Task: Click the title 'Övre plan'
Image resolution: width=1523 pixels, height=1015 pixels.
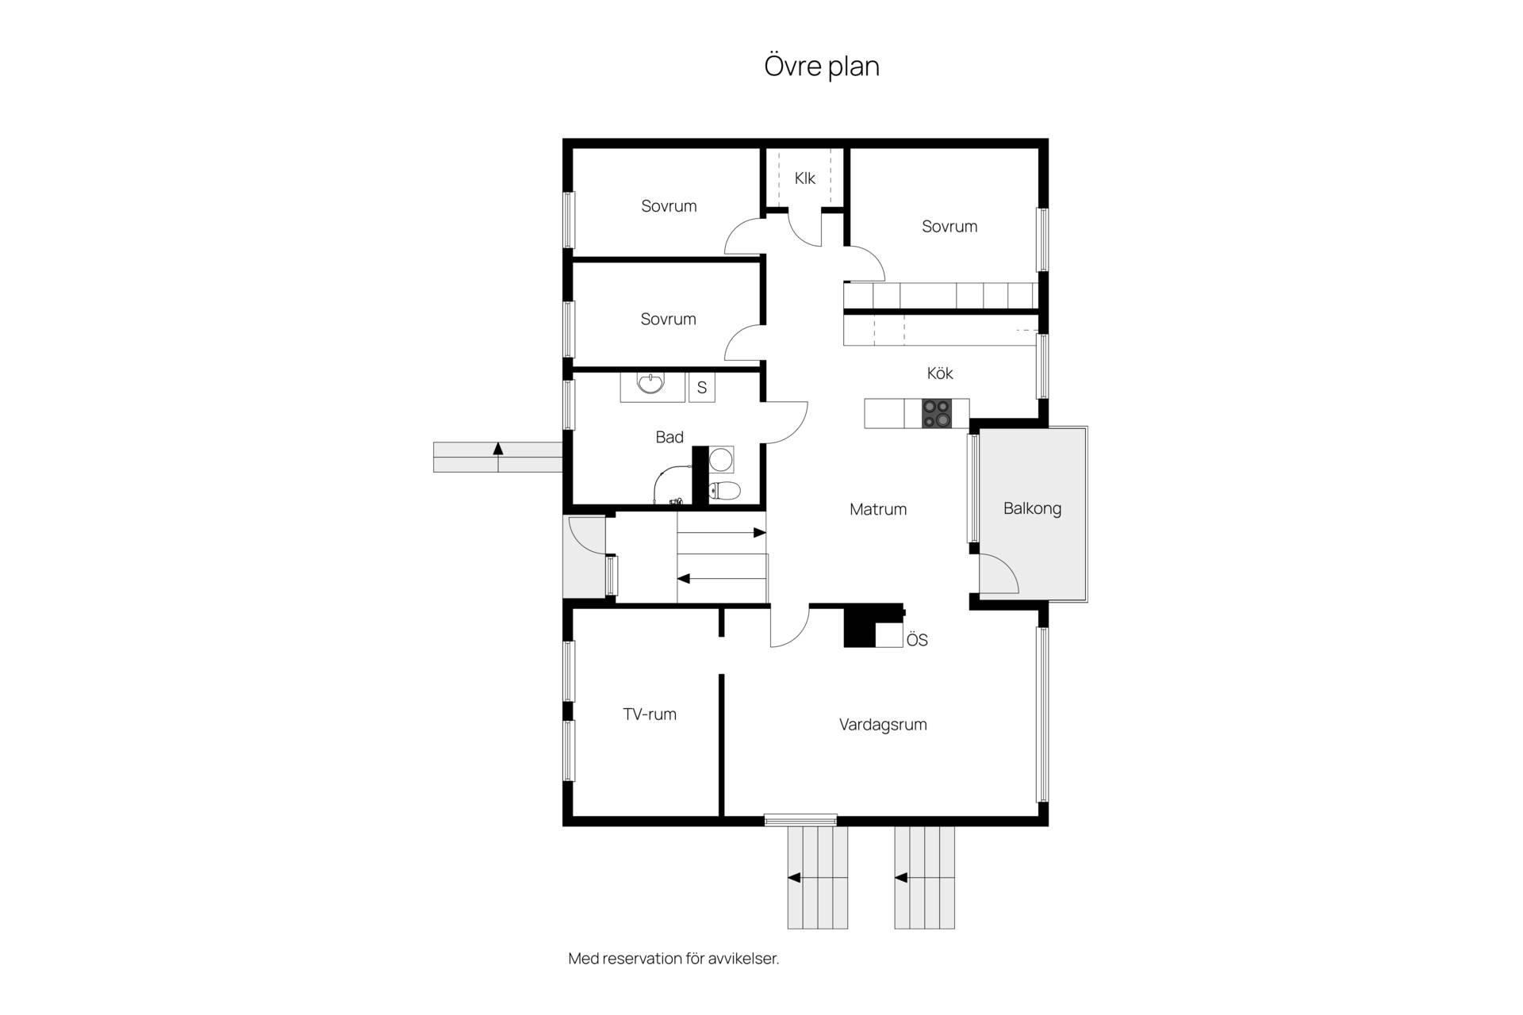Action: point(822,66)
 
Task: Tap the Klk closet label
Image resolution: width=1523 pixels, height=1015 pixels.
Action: point(805,178)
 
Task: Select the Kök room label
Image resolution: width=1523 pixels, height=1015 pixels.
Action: point(940,373)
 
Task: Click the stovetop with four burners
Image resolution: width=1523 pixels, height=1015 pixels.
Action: point(936,413)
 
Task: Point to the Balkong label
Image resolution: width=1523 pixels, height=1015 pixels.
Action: point(1032,508)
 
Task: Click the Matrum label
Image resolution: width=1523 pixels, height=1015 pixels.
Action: point(878,509)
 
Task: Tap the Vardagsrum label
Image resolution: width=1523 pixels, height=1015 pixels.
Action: point(883,724)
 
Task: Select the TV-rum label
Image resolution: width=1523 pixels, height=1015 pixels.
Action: point(650,714)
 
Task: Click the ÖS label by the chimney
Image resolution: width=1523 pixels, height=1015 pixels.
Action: point(917,639)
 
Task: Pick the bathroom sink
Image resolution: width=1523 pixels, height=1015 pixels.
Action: point(651,385)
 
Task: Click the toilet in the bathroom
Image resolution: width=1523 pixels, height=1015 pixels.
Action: point(723,491)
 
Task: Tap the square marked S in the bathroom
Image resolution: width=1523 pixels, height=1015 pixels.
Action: point(702,388)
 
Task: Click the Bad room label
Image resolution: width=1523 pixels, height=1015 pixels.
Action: point(669,437)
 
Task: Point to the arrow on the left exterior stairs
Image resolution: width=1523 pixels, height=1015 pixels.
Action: point(498,449)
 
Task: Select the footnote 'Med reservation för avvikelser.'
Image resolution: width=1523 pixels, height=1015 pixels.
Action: point(674,959)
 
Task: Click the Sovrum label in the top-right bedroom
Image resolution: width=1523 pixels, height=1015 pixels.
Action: point(949,227)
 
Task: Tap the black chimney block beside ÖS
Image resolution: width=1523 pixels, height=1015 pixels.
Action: point(860,627)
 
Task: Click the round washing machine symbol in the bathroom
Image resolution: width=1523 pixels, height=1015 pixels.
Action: point(721,459)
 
